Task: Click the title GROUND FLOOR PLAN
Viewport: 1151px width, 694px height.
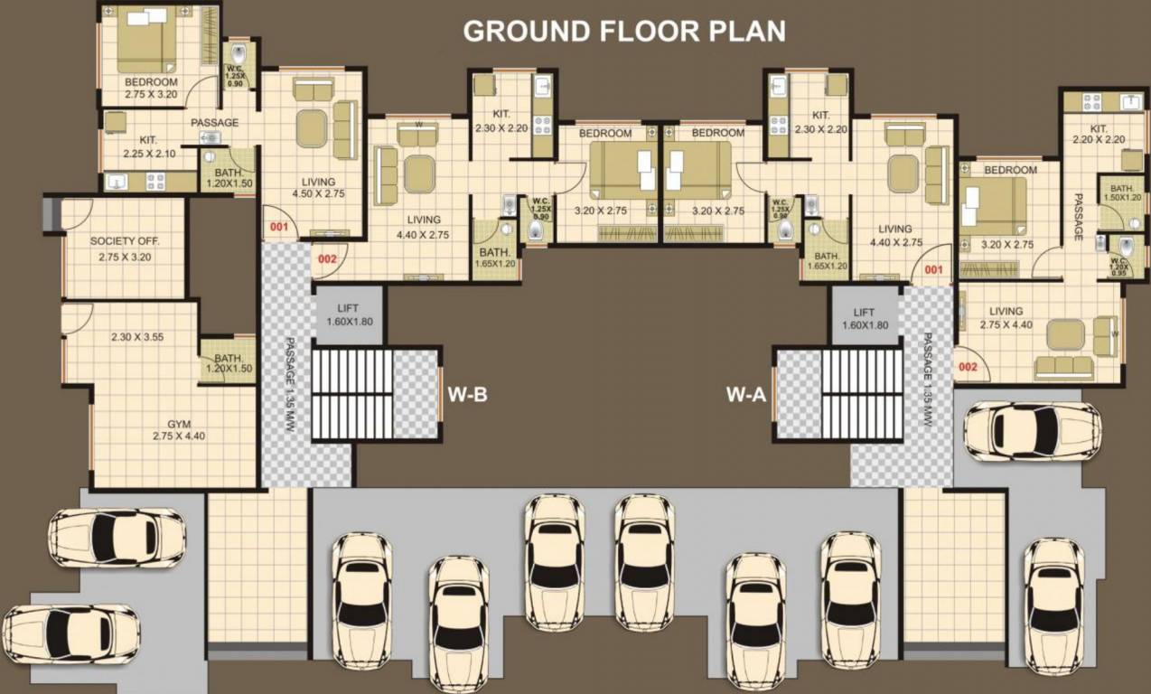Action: click(x=623, y=30)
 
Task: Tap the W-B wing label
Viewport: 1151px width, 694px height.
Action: click(x=468, y=394)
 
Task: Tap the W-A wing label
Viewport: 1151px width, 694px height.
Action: click(x=746, y=394)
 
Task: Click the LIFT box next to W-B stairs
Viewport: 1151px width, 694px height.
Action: click(x=348, y=315)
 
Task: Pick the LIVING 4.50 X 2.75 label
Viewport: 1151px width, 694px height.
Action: click(x=313, y=187)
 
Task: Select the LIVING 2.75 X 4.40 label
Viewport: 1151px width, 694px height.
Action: click(x=1006, y=317)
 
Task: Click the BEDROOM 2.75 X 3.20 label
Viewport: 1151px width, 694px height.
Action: click(x=151, y=88)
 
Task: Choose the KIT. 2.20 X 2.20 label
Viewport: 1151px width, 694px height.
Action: click(x=1099, y=134)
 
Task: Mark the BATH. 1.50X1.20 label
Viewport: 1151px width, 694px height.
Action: click(x=1122, y=192)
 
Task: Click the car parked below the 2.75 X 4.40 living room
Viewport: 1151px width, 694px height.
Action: click(x=1032, y=430)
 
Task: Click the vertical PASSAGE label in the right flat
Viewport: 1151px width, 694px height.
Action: click(x=1078, y=217)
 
